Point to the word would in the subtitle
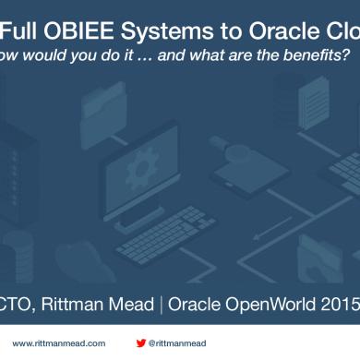click(61, 55)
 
